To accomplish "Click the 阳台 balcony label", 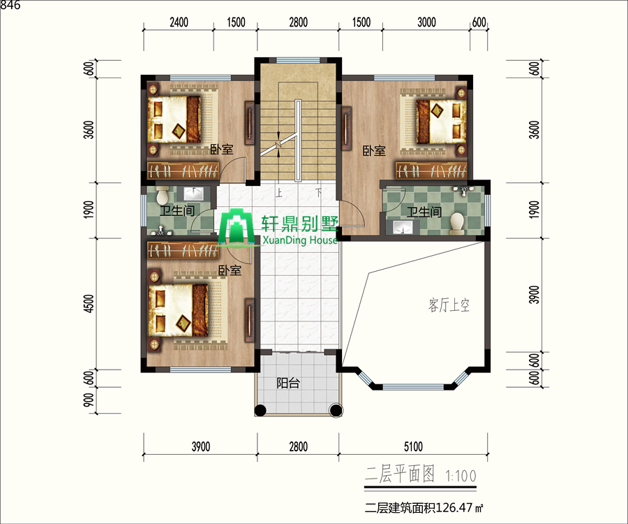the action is [x=288, y=384].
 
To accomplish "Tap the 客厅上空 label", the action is [x=449, y=305].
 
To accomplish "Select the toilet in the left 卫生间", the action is [x=163, y=195].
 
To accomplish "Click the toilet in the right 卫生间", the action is [x=456, y=224].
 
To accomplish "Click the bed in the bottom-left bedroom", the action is [x=178, y=310].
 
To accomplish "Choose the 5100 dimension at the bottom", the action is [x=413, y=446].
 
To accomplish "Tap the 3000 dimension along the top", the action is [x=426, y=22].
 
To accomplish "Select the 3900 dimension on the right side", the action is [x=534, y=295].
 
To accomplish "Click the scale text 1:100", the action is [x=461, y=476].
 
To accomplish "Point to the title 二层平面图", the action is [x=400, y=474].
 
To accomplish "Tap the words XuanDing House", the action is [x=300, y=240].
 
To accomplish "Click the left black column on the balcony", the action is [x=260, y=409].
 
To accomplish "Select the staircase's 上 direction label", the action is [x=279, y=193].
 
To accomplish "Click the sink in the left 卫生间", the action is [x=193, y=194].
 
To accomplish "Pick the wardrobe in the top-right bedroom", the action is [x=432, y=170].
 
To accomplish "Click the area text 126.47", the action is [x=454, y=507].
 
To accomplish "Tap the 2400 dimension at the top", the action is [x=179, y=22].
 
